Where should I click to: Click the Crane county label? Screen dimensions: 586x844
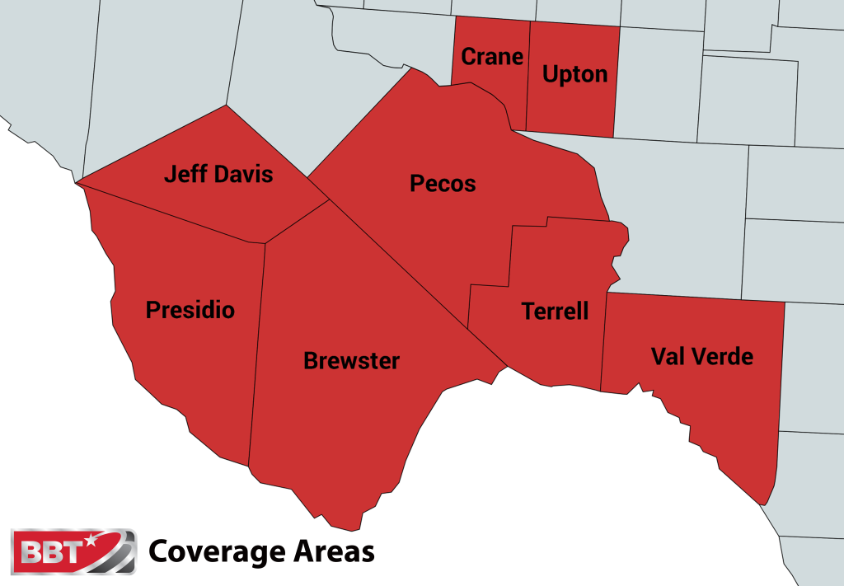click(492, 56)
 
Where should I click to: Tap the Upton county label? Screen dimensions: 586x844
click(574, 73)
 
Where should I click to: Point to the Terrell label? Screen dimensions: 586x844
click(555, 311)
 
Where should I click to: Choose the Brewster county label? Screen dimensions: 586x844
click(351, 360)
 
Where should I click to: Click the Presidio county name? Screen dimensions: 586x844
click(190, 310)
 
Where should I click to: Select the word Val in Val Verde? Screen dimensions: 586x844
click(668, 356)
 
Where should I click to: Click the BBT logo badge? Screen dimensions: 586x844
click(73, 551)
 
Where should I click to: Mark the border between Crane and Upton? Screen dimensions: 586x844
click(527, 74)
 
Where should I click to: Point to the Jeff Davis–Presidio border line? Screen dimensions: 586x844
click(173, 216)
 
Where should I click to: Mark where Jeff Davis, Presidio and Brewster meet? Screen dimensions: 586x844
click(265, 243)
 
